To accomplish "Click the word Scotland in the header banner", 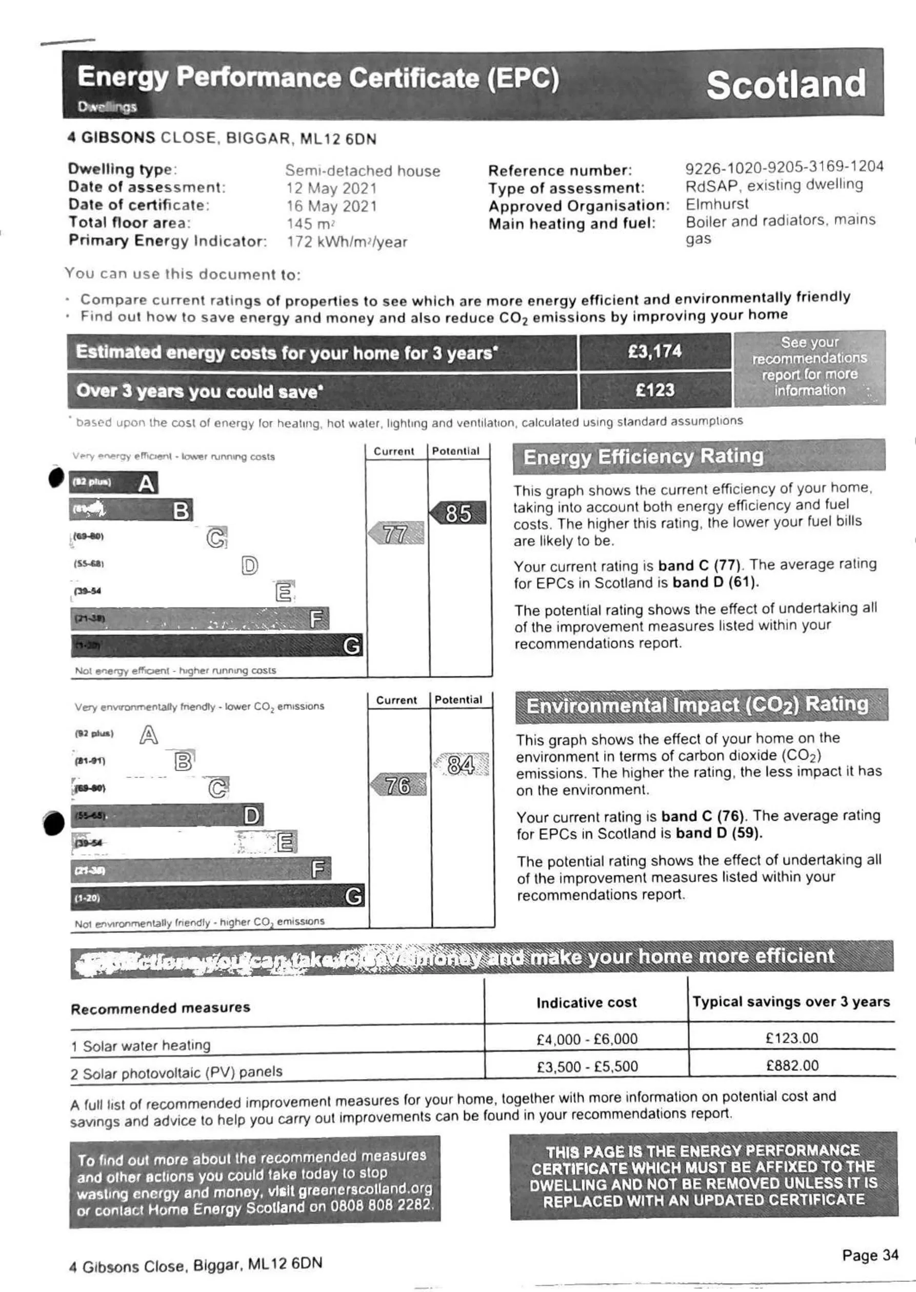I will pyautogui.click(x=786, y=85).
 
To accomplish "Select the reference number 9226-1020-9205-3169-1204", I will pyautogui.click(x=784, y=167).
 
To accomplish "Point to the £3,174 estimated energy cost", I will pyautogui.click(x=655, y=351).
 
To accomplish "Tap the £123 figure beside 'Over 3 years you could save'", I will pyautogui.click(x=655, y=390).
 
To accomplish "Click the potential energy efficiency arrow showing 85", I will pyautogui.click(x=458, y=513).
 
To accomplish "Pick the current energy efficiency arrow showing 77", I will pyautogui.click(x=396, y=534).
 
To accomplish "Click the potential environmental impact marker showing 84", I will pyautogui.click(x=461, y=765).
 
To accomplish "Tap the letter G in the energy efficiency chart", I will pyautogui.click(x=351, y=645).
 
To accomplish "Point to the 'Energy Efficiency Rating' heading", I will pyautogui.click(x=643, y=457).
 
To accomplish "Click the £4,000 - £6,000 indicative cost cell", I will pyautogui.click(x=587, y=1039).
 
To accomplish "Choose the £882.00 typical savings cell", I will pyautogui.click(x=792, y=1065).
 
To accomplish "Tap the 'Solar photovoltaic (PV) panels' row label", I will pyautogui.click(x=176, y=1072).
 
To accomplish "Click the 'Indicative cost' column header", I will pyautogui.click(x=586, y=1003).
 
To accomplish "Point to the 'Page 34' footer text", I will pyautogui.click(x=870, y=1256).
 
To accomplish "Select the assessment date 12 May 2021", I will pyautogui.click(x=331, y=188).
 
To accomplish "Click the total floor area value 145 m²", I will pyautogui.click(x=311, y=224).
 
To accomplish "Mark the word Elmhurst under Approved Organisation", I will pyautogui.click(x=717, y=204).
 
